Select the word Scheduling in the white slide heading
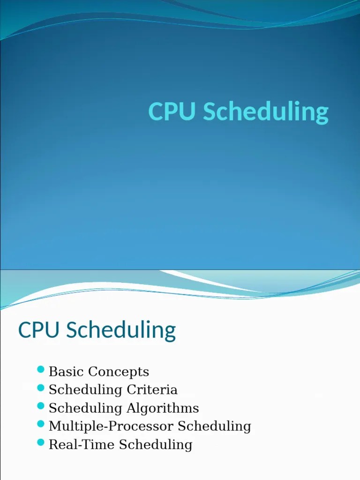tap(121, 331)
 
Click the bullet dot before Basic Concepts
tap(40, 371)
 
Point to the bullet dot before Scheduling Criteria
tap(40, 389)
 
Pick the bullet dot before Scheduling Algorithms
tap(40, 407)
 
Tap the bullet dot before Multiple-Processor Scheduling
tap(40, 425)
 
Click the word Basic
tap(66, 372)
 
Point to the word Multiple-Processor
tap(105, 427)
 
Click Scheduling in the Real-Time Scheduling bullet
tap(156, 445)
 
